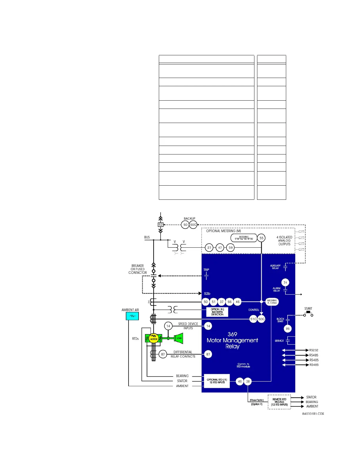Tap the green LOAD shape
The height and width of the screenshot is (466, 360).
(179, 338)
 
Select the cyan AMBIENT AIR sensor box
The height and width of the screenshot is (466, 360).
(132, 316)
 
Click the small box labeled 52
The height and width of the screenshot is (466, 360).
(161, 224)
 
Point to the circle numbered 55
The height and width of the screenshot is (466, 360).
(261, 238)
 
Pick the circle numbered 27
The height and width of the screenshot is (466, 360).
(209, 248)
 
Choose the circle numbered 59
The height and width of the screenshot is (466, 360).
(231, 248)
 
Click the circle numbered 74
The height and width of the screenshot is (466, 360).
(285, 282)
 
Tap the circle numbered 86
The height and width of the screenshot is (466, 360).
(288, 329)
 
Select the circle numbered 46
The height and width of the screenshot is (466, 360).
(238, 302)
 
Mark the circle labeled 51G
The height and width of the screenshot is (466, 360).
(253, 319)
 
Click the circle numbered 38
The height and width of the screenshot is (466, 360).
(248, 382)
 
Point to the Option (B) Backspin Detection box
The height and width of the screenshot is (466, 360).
(217, 312)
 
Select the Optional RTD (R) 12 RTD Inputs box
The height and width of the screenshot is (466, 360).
(217, 381)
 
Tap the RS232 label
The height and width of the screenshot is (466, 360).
(314, 350)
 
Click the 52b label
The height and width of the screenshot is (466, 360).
(207, 294)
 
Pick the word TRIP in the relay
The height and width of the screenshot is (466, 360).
(206, 270)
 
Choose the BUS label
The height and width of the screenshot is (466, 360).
(147, 237)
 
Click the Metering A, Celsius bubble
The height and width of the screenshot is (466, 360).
(272, 302)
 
